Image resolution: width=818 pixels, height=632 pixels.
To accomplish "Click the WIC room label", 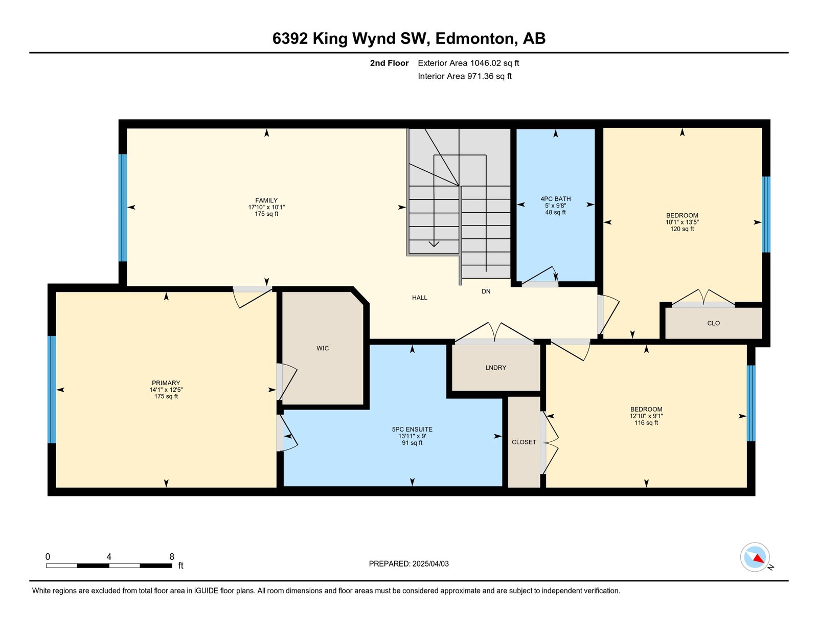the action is [x=323, y=348].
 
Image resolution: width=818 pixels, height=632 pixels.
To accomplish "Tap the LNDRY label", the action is [x=496, y=367].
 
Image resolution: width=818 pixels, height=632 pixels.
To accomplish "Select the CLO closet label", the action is [x=713, y=323].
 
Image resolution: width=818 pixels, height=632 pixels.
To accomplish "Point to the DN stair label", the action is [x=486, y=291].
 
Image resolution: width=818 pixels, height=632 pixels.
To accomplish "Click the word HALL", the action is [x=420, y=298].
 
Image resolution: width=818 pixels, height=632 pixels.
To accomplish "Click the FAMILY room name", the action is [x=266, y=200].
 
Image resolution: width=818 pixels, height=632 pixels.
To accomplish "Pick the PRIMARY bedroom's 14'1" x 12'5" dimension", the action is [x=166, y=390].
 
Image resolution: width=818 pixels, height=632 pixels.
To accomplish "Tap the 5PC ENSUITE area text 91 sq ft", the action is [x=412, y=443].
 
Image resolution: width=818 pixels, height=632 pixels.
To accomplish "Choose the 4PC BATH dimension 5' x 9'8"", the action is [x=556, y=206].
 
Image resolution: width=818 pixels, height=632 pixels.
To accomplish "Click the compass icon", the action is [x=755, y=557].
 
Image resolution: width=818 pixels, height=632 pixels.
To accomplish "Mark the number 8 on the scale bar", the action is [x=172, y=556].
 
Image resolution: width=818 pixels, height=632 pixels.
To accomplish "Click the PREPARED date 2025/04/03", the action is [x=430, y=563].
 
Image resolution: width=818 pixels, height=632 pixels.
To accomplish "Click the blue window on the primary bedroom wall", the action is [x=52, y=389].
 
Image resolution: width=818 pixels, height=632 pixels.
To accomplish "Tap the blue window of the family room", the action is [x=122, y=208].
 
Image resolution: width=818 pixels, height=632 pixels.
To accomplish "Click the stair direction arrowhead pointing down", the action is [x=434, y=244].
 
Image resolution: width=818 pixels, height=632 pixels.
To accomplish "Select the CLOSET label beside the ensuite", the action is [x=524, y=442].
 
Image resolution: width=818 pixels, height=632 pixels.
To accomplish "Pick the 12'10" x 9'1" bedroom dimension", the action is [x=646, y=416].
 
